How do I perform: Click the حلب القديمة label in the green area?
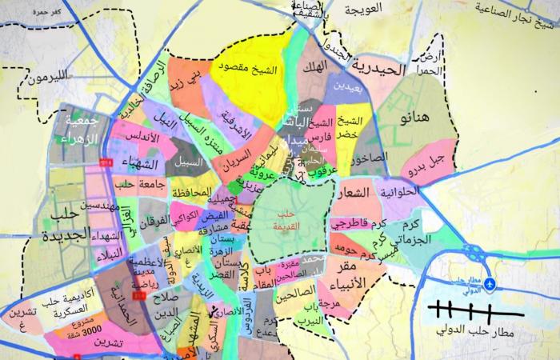click(x=285, y=218)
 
